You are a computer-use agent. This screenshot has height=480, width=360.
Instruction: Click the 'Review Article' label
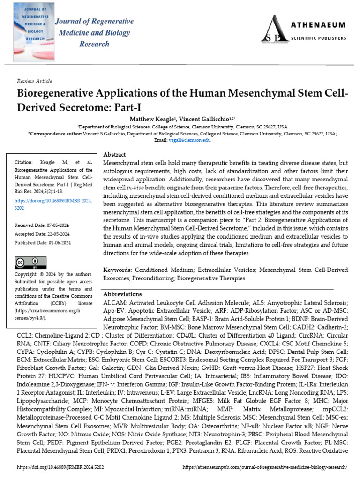(34, 81)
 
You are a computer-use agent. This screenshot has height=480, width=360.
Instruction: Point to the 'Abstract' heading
(114, 154)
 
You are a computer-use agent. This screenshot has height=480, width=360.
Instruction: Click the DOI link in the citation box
(53, 203)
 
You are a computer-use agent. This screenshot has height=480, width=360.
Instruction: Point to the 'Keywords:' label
(118, 270)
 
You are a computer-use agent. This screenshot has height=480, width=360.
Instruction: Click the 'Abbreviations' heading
(122, 294)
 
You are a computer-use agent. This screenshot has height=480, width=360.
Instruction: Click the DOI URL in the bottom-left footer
(56, 467)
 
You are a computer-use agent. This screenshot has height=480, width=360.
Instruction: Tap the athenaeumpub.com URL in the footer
(264, 467)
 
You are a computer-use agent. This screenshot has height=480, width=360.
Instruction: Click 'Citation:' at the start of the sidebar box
(26, 162)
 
